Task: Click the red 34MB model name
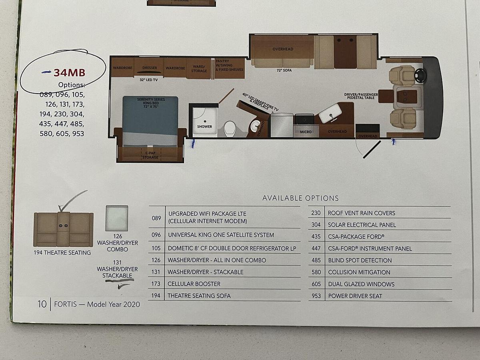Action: (70, 73)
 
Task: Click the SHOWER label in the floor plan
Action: (204, 126)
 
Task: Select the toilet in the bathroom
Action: (229, 128)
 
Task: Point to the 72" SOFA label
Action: (284, 70)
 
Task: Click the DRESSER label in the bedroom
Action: (150, 68)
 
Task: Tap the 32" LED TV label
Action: (149, 80)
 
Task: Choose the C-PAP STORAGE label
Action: (150, 155)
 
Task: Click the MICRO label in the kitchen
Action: (306, 132)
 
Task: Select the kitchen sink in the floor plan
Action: (330, 113)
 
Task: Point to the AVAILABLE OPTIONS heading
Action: (300, 198)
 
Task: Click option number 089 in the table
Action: (156, 218)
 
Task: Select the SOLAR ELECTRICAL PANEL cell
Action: (362, 225)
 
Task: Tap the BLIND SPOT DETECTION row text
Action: (360, 260)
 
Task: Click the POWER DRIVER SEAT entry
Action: (355, 296)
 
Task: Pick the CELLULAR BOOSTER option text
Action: (194, 284)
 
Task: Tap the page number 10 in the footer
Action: (42, 304)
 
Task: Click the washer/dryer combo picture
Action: (117, 218)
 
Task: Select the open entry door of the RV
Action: (372, 150)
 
